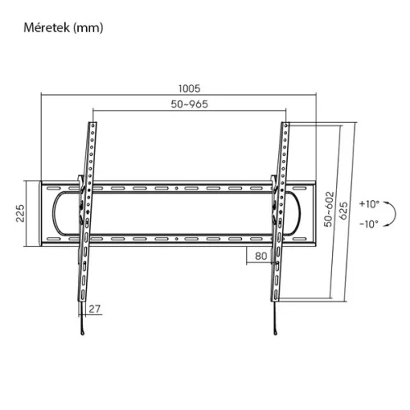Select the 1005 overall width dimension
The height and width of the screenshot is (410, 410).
pyautogui.click(x=190, y=88)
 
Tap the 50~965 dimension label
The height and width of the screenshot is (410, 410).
pyautogui.click(x=190, y=106)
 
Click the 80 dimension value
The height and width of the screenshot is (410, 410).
pyautogui.click(x=261, y=255)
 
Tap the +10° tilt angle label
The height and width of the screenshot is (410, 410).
pyautogui.click(x=368, y=203)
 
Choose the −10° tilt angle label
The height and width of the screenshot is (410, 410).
pyautogui.click(x=368, y=223)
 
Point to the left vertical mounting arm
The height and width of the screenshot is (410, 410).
pyautogui.click(x=86, y=221)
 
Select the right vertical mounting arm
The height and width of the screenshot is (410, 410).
pyautogui.click(x=281, y=221)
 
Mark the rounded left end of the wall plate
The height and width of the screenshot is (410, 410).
pyautogui.click(x=55, y=212)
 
